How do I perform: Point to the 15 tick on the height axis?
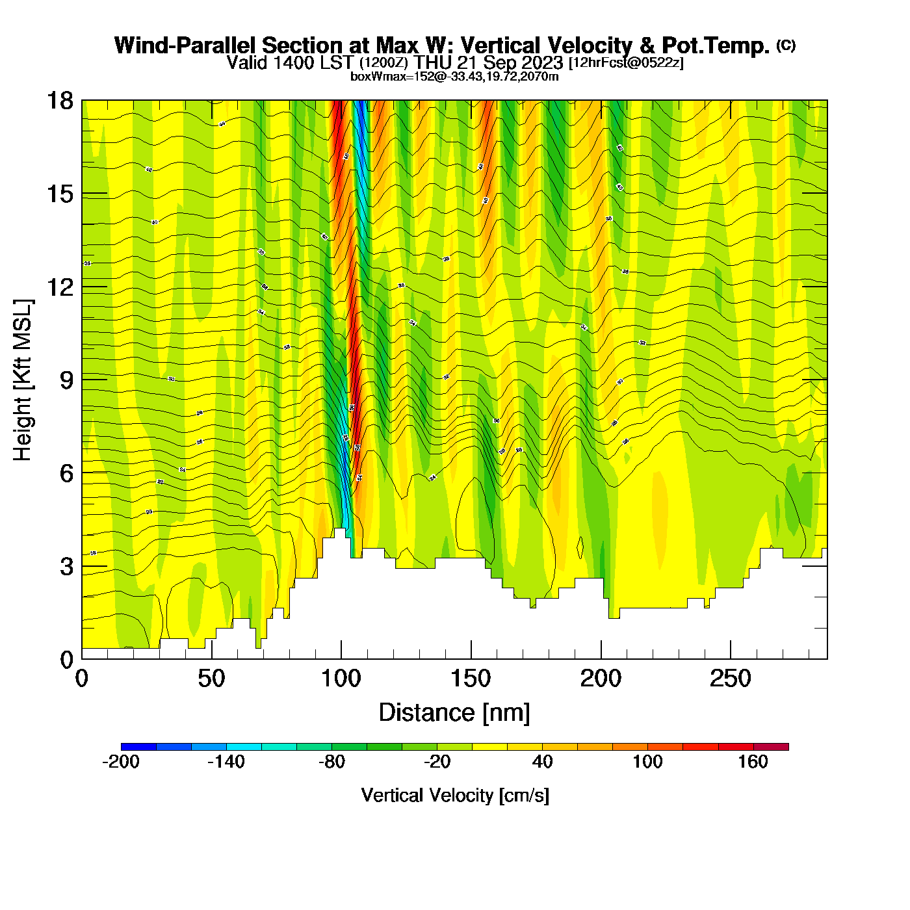tap(59, 194)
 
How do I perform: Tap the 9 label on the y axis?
tap(66, 380)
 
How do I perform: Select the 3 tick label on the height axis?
tap(66, 566)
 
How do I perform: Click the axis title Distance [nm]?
tap(454, 712)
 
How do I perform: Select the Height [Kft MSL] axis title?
tap(23, 380)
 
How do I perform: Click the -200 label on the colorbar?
tap(121, 762)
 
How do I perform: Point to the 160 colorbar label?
tap(753, 762)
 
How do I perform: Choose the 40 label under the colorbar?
tap(542, 762)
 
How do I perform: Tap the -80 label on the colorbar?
tap(331, 762)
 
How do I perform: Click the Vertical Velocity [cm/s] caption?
tap(455, 795)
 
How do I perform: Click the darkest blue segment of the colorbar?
tap(138, 747)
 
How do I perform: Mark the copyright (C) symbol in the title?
tap(786, 45)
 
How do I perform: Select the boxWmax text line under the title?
tap(454, 77)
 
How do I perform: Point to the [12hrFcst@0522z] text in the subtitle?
tap(625, 62)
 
